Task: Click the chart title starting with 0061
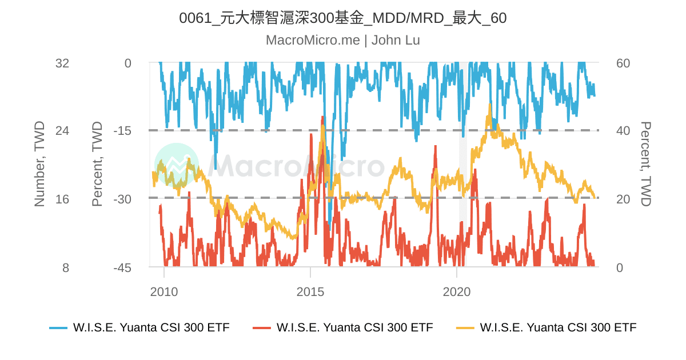(342, 18)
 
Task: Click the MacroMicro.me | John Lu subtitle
(342, 40)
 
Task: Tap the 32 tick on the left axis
(62, 63)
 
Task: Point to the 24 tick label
(62, 131)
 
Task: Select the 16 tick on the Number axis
(62, 199)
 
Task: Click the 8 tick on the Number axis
(65, 267)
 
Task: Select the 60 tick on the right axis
(623, 63)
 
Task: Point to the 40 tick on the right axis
(623, 131)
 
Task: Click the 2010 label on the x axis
(164, 292)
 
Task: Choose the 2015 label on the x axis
(310, 292)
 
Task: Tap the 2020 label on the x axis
(457, 292)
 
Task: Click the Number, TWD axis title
(39, 164)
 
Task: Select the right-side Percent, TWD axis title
(645, 164)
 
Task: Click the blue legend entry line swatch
(58, 328)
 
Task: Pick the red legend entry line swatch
(262, 328)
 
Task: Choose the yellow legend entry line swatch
(465, 328)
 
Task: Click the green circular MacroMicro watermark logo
(177, 165)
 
